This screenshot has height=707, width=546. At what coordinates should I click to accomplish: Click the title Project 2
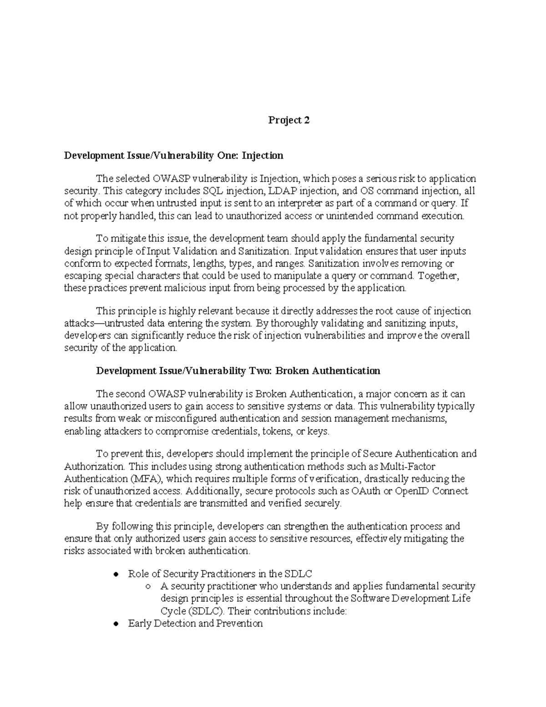pos(288,120)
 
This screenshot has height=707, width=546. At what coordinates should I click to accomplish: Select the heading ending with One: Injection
pos(173,156)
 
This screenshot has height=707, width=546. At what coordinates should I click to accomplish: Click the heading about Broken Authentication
pos(238,371)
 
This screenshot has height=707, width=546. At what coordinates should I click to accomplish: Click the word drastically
pos(390,478)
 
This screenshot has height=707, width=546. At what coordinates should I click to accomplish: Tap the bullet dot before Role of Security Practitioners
pos(116,574)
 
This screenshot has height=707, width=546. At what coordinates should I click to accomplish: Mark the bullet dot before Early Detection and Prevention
pos(116,624)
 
